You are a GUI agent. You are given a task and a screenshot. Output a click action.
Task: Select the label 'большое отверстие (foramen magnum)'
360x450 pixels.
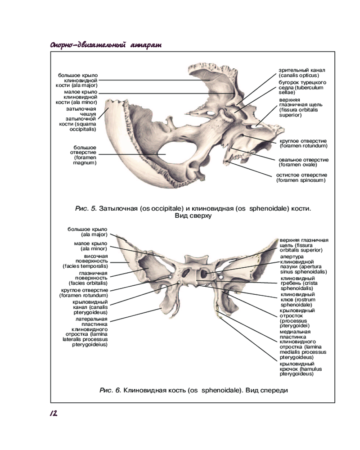(x=85, y=155)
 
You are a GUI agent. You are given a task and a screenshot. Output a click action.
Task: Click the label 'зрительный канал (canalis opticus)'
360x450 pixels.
(x=301, y=73)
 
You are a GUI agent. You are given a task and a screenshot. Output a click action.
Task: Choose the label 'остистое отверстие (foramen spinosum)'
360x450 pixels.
(x=301, y=177)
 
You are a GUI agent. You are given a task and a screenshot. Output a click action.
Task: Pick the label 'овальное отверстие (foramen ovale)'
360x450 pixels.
(x=303, y=162)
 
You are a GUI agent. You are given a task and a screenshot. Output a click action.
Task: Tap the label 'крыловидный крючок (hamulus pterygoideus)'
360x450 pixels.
(x=297, y=369)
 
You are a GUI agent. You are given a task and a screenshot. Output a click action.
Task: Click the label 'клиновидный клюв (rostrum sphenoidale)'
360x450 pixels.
(x=297, y=299)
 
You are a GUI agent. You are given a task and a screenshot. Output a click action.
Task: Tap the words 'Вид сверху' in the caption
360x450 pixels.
(x=193, y=216)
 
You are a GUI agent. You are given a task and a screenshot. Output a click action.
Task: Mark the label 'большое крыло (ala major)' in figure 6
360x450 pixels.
(x=88, y=232)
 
